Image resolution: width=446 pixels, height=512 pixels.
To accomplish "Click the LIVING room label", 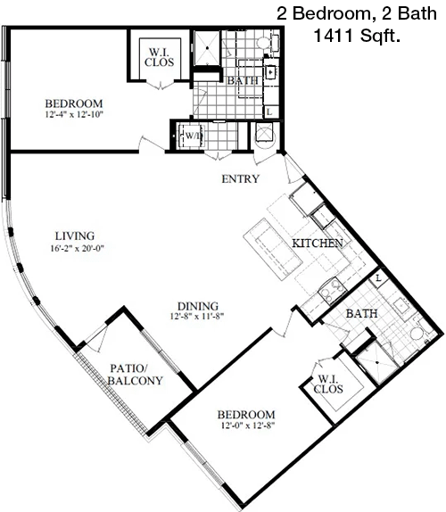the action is (x=75, y=235).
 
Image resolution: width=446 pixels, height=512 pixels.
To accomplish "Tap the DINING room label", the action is (x=198, y=306).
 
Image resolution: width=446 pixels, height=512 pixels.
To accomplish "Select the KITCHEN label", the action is (x=318, y=244).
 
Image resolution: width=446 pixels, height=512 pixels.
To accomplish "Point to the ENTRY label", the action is (x=240, y=178).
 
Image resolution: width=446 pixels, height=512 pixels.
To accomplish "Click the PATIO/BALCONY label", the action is (x=136, y=375).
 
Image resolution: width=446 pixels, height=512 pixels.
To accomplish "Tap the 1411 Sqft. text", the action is (x=357, y=36).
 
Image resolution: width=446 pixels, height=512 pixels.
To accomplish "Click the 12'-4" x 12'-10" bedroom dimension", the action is (x=74, y=114).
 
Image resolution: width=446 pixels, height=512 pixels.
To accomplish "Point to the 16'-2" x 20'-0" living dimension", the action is (x=77, y=248).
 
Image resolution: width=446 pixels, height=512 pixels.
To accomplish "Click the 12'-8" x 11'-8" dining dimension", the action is (x=197, y=316).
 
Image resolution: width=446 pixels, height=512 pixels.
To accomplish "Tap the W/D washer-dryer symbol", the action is (x=192, y=136).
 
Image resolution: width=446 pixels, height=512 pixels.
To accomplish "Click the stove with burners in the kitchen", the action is (x=332, y=290).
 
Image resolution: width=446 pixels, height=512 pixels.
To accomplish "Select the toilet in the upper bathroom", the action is (x=268, y=43).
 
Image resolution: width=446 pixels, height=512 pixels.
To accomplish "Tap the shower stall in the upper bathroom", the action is (x=207, y=48).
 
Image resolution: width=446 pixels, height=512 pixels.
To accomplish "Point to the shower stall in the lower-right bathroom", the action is (x=377, y=362).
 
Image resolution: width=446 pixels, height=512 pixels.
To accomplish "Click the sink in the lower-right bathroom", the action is (x=401, y=305).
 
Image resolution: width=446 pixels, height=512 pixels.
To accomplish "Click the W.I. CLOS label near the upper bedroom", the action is (x=160, y=57).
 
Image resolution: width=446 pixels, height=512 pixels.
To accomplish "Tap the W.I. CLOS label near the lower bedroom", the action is (x=328, y=384).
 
